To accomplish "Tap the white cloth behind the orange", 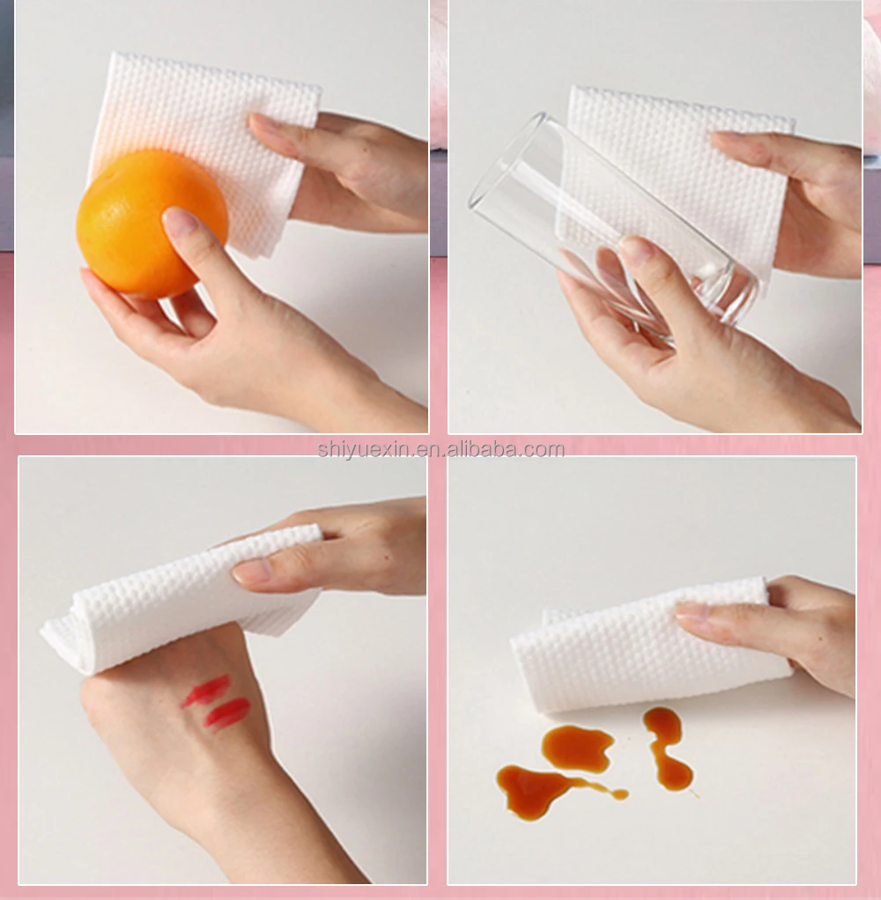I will pos(211,114).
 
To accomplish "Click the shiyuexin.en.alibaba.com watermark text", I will pos(440,450).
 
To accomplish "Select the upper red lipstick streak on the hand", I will pos(207,690).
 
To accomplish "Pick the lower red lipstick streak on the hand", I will pos(227,713).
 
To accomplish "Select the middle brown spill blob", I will pos(577,747).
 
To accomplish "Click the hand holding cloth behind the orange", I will pos(352,167).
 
